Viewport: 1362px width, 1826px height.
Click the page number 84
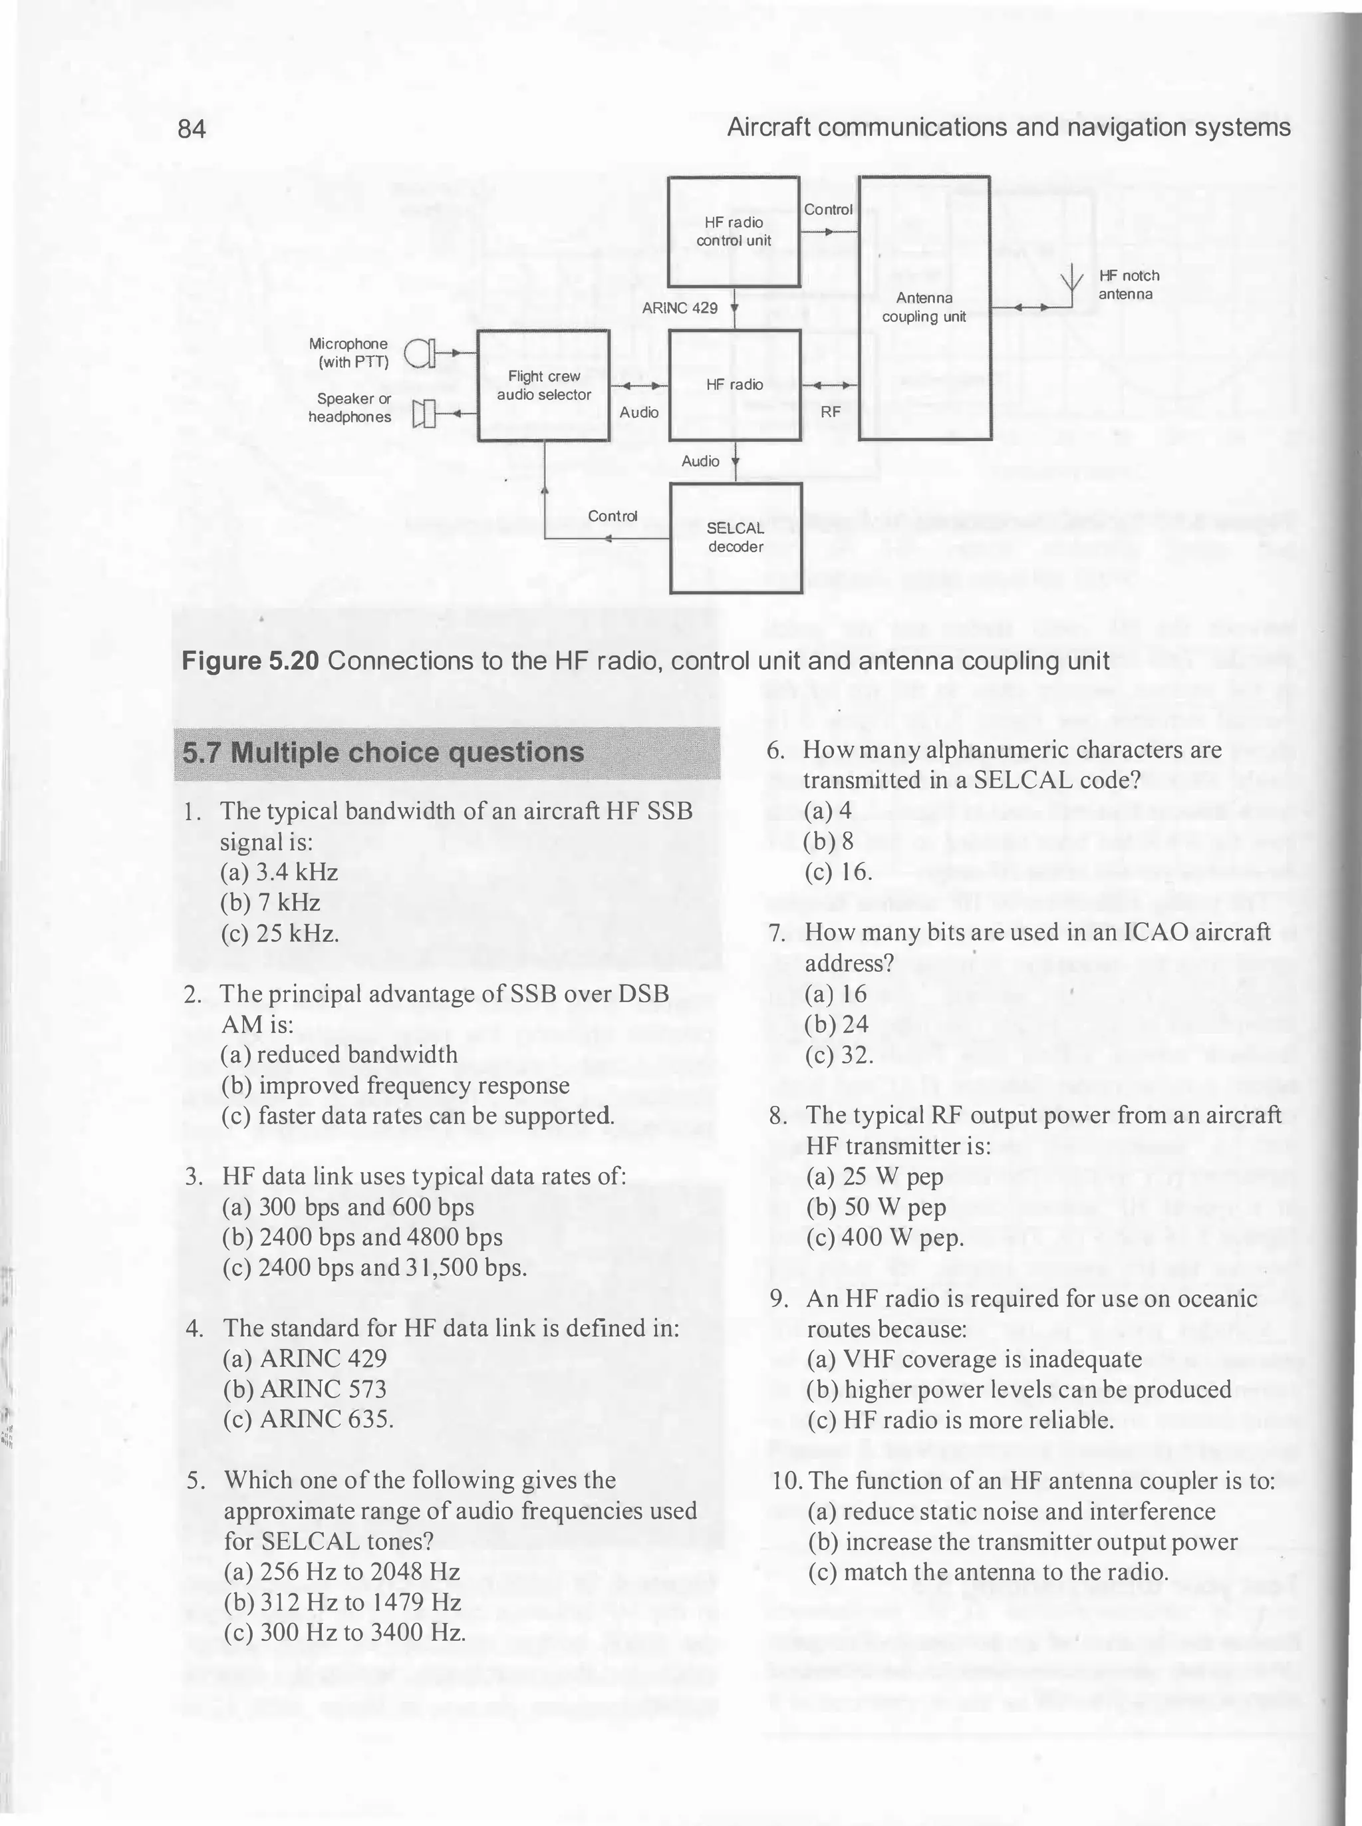(x=192, y=128)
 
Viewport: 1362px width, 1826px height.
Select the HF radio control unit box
(x=734, y=231)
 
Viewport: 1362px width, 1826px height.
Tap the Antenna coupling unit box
(x=924, y=307)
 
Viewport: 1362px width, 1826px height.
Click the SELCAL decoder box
(x=736, y=537)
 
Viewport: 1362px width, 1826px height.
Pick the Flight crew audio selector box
(x=543, y=386)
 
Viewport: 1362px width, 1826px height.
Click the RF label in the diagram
(x=830, y=412)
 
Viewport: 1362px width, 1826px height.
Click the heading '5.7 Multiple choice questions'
(x=383, y=753)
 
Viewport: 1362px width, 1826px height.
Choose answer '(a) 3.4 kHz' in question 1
(x=279, y=872)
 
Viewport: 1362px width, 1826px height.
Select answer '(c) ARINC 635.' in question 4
(x=309, y=1419)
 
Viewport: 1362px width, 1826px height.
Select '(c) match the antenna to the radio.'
(x=988, y=1572)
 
